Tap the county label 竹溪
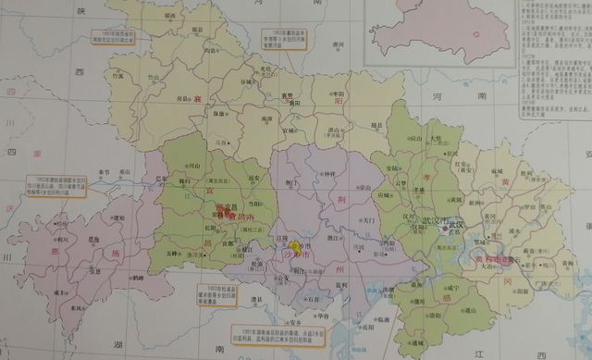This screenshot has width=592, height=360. coord(117,78)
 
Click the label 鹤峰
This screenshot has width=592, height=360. coord(138,277)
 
